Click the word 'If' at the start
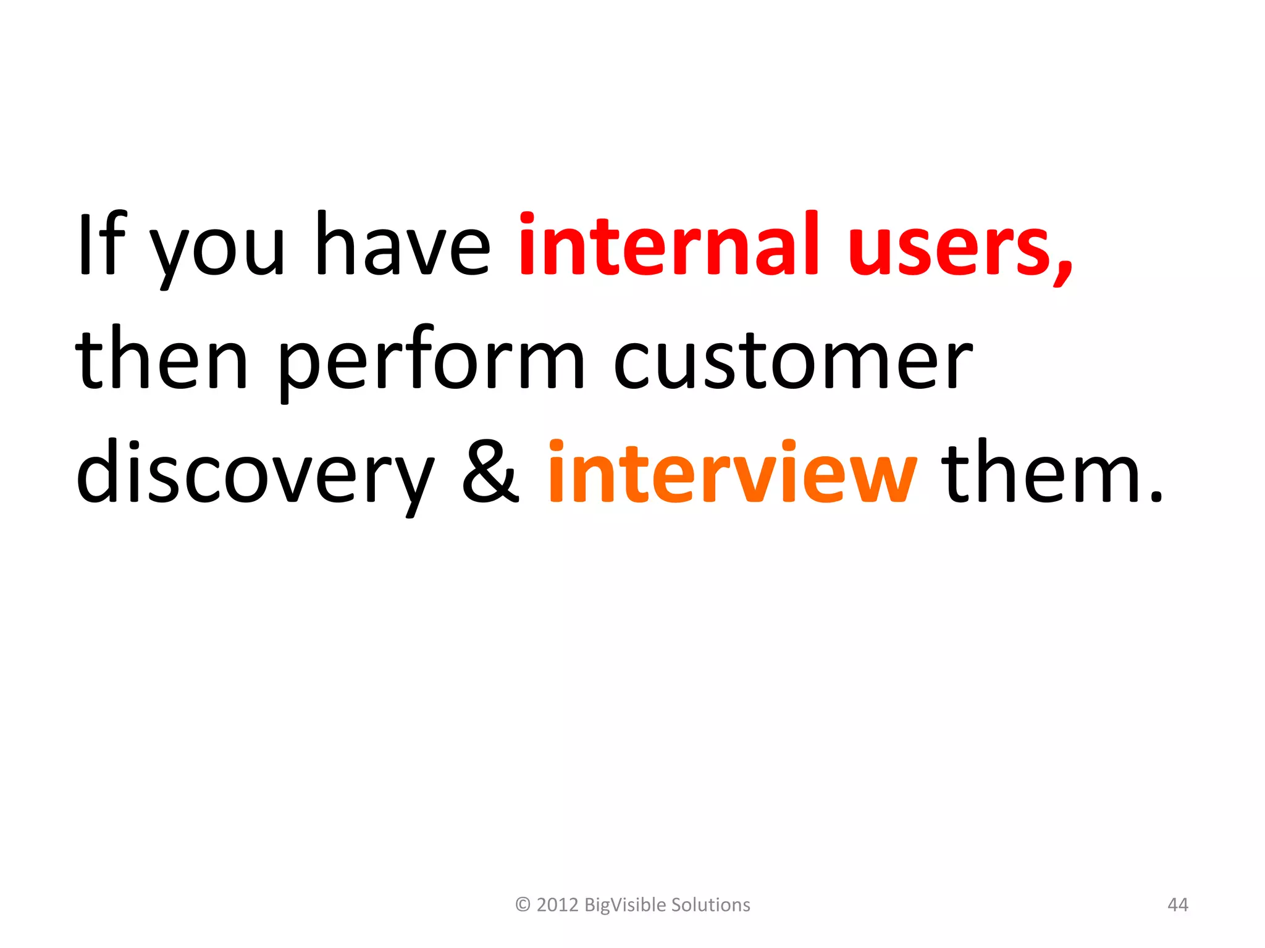102,244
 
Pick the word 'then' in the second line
161,358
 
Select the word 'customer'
794,361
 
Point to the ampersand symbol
491,472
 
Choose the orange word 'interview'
732,472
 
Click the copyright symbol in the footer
523,905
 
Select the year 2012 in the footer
557,905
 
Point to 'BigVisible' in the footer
624,905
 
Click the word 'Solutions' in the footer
710,905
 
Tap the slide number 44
1177,905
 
